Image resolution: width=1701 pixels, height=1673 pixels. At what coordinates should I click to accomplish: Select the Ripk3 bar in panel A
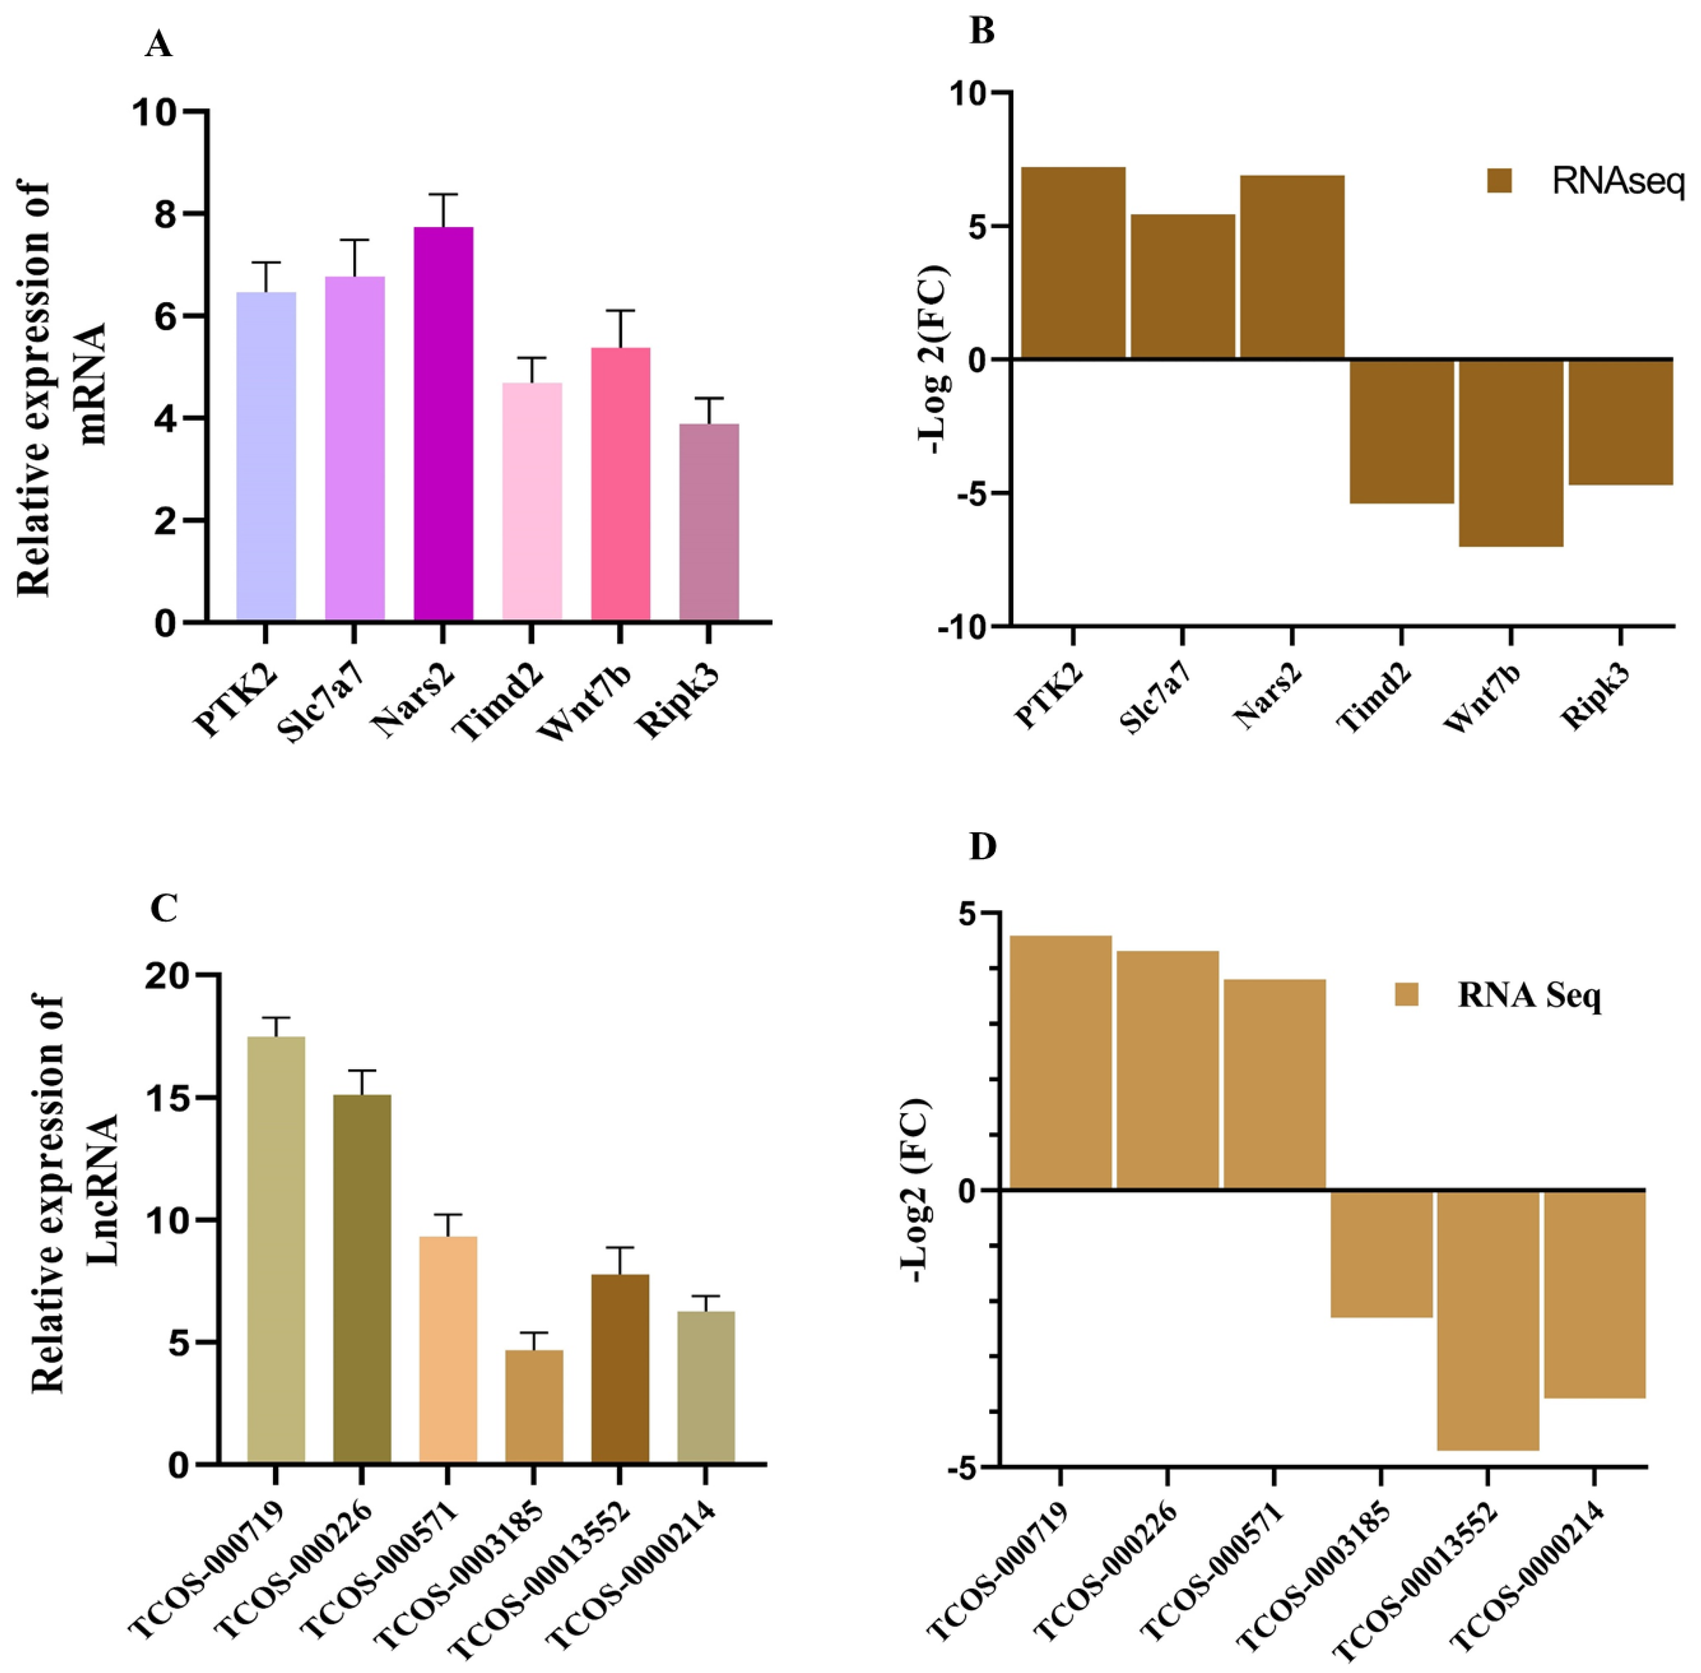tap(709, 523)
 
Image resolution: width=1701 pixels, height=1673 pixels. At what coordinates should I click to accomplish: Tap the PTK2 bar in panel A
tap(266, 457)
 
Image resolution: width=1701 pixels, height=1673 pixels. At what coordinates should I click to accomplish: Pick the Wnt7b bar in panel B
tap(1511, 452)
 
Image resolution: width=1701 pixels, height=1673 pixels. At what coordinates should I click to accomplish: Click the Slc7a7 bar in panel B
tap(1182, 286)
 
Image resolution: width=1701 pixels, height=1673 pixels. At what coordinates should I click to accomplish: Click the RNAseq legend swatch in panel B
tap(1499, 181)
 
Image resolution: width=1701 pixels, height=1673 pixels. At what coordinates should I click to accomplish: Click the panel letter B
tap(981, 32)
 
